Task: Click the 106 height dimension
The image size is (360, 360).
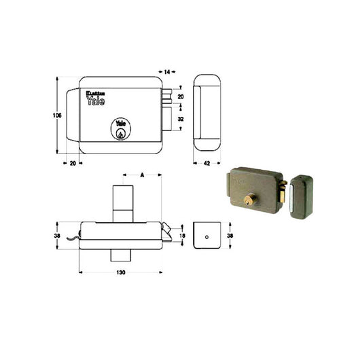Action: point(57,116)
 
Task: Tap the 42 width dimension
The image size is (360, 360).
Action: point(207,164)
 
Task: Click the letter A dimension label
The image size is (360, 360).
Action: point(142,175)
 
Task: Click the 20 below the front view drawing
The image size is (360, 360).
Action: point(72,164)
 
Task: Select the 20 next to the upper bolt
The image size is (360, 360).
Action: point(181,97)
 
